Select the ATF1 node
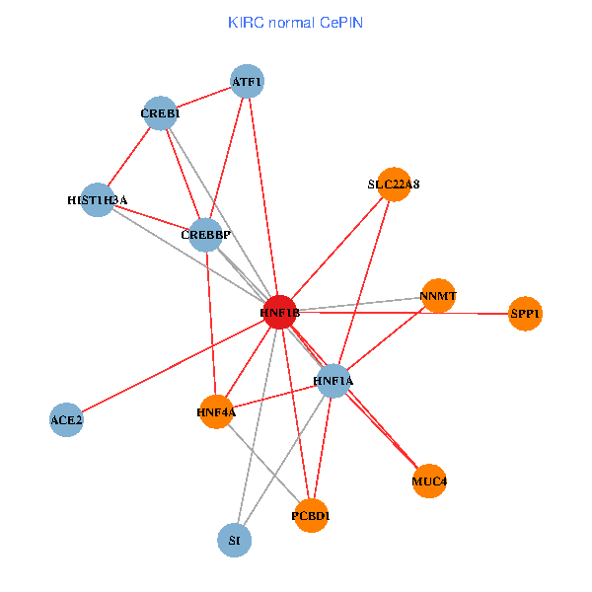247,81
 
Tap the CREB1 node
160,113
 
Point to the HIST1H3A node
97,200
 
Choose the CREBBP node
205,234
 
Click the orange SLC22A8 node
394,184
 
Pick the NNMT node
438,295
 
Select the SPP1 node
526,314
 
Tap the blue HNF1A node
333,380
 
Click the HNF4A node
216,411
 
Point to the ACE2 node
66,419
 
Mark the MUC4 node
429,481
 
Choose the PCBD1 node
311,515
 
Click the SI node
234,540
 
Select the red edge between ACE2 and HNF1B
173,366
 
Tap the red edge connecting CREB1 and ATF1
203,98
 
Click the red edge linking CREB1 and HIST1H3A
128,157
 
